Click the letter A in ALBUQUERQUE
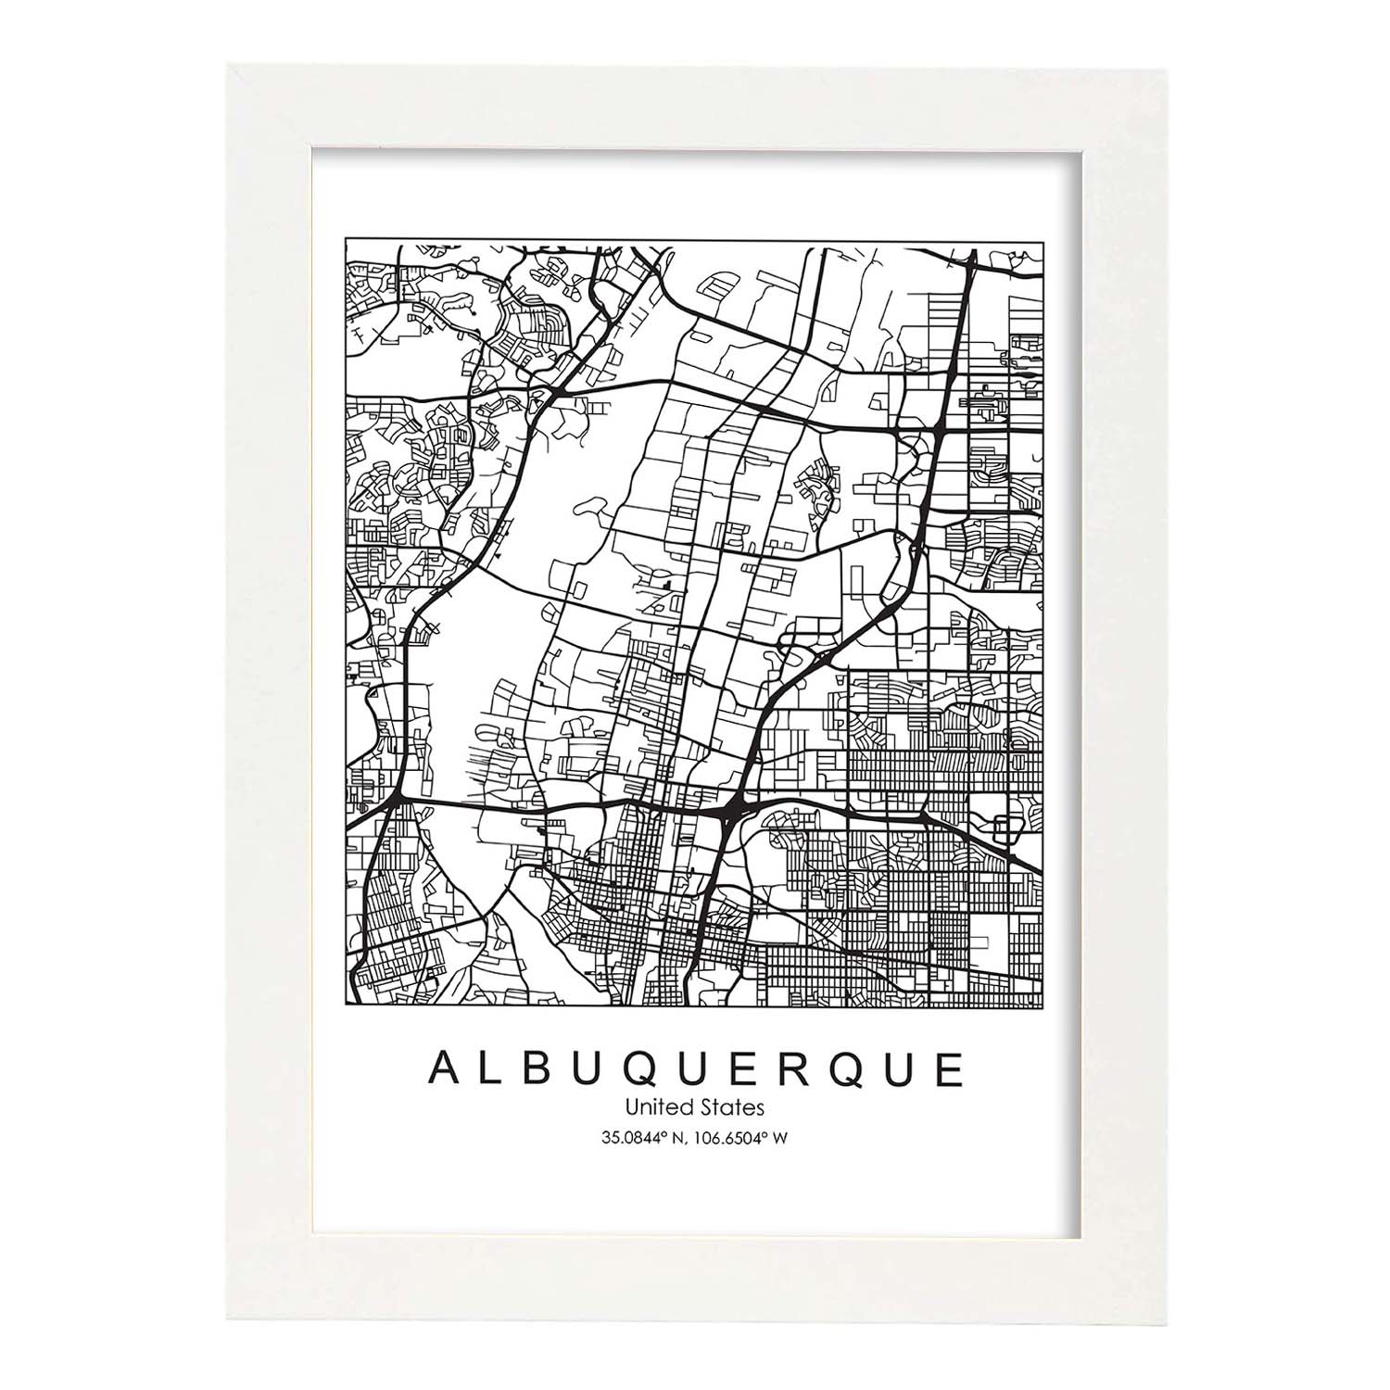coord(442,1069)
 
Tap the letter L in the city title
coord(490,1069)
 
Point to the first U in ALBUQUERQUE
coord(587,1069)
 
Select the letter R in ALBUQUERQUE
coord(792,1069)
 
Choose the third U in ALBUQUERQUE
coord(900,1069)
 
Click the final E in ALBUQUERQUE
coord(949,1069)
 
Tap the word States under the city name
coord(736,1106)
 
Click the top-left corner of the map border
coord(346,238)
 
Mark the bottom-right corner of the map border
coord(1044,1006)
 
